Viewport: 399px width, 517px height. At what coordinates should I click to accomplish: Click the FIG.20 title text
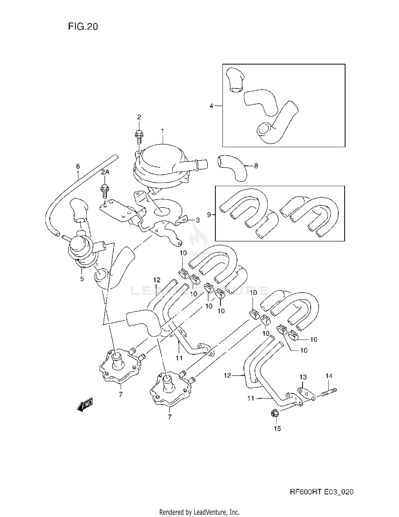click(83, 27)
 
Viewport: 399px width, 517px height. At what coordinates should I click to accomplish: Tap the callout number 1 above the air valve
click(162, 131)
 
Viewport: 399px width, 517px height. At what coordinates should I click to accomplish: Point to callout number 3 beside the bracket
click(198, 220)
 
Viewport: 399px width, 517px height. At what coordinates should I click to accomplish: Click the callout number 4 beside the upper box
click(211, 106)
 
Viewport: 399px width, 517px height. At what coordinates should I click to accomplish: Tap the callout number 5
click(82, 279)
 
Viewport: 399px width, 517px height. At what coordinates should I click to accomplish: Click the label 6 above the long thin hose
click(78, 166)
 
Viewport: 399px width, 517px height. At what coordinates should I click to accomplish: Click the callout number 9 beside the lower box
click(209, 214)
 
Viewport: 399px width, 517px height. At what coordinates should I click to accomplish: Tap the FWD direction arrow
click(85, 405)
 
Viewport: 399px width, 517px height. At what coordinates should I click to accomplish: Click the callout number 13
click(303, 377)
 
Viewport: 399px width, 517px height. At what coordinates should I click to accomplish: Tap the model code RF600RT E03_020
click(321, 492)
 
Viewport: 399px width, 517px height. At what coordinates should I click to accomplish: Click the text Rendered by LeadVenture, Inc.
click(199, 512)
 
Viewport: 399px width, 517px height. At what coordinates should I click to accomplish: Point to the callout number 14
click(329, 376)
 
